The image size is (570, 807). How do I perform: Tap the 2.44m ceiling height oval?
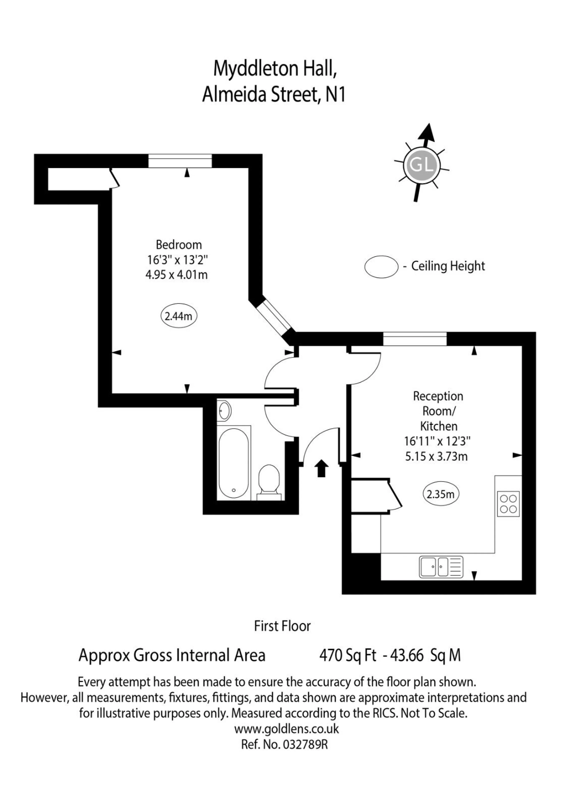(x=179, y=316)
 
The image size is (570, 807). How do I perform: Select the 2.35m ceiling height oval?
(x=441, y=494)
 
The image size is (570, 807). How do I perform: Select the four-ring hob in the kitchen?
(x=508, y=504)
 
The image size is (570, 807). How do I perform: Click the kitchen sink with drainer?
(x=441, y=567)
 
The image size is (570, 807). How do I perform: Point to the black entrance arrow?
(x=321, y=468)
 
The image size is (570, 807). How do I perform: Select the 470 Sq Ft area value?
(x=348, y=655)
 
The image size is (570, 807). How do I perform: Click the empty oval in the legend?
(x=381, y=267)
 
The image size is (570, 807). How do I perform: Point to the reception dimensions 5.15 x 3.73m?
(x=437, y=457)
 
